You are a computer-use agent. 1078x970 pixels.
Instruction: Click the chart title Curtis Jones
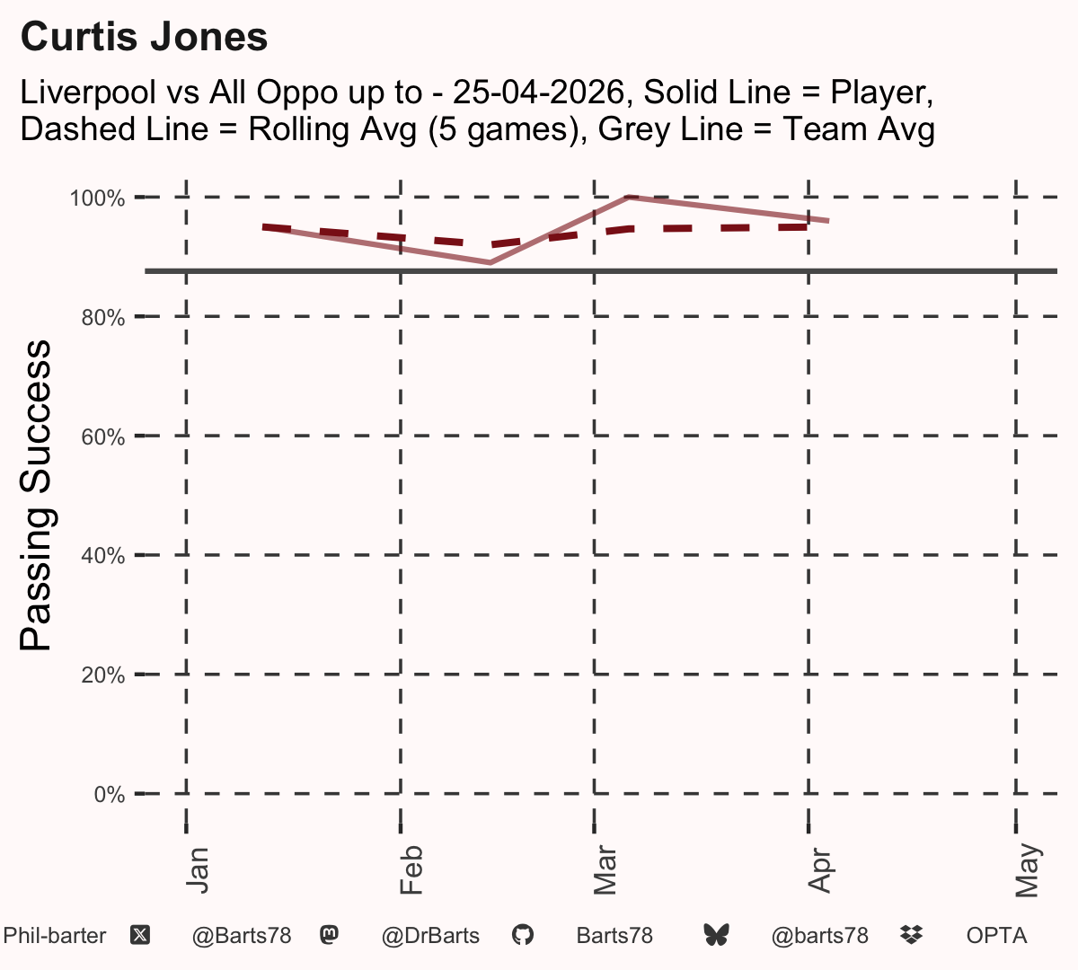coord(144,37)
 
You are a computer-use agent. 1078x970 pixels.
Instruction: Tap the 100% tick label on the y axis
coord(97,198)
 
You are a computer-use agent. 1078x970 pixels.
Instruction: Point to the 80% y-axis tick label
coord(103,318)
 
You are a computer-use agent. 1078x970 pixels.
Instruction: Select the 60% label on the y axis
coord(103,436)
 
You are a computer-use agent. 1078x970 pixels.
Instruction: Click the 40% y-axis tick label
coord(103,556)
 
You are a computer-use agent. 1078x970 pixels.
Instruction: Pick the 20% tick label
coord(103,675)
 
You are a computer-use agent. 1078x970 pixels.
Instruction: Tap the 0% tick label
coord(110,794)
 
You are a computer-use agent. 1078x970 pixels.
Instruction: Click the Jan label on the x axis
coord(197,870)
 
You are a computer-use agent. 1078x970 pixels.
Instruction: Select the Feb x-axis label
coord(411,869)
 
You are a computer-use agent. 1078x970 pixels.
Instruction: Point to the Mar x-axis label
coord(605,869)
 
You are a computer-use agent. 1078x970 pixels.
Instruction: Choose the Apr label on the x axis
coord(819,870)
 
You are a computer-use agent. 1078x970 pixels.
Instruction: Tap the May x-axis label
coord(1027,870)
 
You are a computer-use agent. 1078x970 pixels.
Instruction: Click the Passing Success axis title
coord(35,495)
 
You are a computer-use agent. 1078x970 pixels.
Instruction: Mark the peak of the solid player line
coord(628,198)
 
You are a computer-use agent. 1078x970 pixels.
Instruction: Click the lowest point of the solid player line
coord(490,263)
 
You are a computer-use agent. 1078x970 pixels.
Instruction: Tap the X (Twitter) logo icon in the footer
coord(140,936)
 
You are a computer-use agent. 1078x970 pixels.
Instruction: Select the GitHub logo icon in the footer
coord(522,935)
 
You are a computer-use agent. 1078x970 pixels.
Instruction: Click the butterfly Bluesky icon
coord(716,935)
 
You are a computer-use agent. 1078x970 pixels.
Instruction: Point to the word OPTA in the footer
coord(997,936)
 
